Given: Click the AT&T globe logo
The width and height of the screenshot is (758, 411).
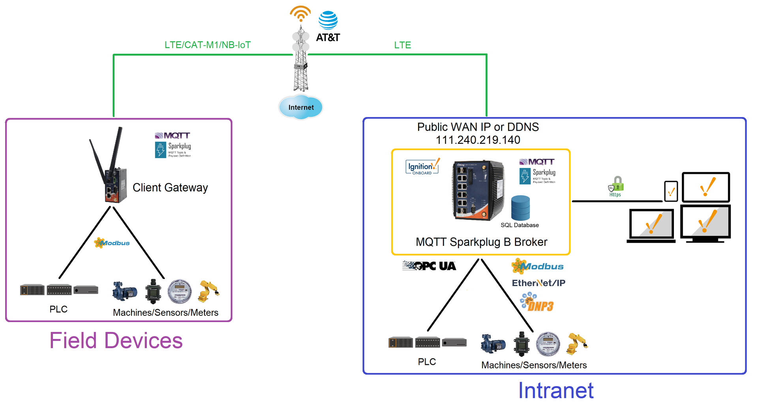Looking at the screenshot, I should (328, 21).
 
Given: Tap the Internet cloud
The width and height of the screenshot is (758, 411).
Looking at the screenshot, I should (301, 107).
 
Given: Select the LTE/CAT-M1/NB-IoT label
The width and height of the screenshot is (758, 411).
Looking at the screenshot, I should (208, 45).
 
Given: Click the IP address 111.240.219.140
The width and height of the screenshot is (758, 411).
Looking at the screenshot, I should (478, 140).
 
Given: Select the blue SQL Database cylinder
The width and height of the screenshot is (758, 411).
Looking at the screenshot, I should (520, 208).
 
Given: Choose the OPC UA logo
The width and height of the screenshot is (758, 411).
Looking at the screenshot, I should (429, 266).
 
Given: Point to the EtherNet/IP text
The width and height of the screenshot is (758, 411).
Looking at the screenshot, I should (538, 283).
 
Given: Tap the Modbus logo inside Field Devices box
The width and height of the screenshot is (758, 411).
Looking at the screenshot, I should (112, 243).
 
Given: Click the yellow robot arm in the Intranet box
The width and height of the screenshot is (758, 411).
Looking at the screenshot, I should (577, 343).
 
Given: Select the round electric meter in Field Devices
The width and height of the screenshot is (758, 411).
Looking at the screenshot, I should (180, 292).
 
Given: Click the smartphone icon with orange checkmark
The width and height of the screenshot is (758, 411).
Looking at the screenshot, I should (671, 192).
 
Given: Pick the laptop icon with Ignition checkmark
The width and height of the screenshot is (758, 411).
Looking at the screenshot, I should (651, 225).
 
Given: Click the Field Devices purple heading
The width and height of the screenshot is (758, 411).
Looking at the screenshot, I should (116, 341).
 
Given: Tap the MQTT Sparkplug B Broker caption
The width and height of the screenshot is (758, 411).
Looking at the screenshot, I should (481, 242).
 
